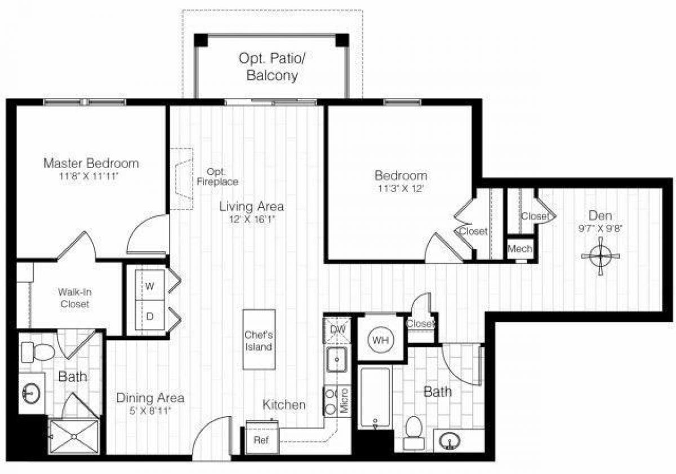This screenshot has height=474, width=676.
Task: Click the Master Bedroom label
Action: (91, 163)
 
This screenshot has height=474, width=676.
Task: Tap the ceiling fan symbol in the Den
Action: (601, 256)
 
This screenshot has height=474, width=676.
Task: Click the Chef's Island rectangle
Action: (259, 340)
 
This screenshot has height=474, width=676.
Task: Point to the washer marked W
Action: (149, 286)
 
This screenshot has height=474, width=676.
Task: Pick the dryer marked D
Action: (150, 316)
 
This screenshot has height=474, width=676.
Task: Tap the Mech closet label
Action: (520, 249)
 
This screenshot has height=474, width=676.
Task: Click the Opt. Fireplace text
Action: (217, 177)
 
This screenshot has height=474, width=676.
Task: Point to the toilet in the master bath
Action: (38, 353)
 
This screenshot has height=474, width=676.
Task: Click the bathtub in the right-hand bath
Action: (375, 397)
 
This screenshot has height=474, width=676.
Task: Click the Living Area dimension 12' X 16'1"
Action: (251, 220)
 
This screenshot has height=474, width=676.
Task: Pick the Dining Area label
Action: (150, 398)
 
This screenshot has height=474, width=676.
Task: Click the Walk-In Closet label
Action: (73, 298)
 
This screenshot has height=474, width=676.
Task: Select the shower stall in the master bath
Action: (73, 436)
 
